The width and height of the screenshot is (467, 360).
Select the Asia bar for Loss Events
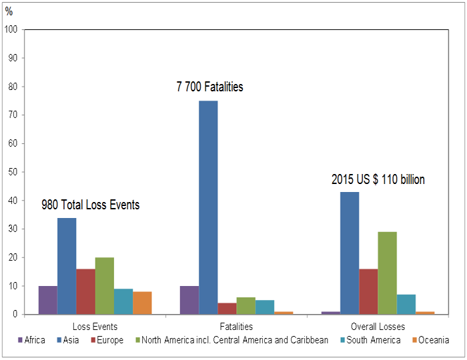(x=67, y=266)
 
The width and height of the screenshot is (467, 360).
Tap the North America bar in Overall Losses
(x=387, y=273)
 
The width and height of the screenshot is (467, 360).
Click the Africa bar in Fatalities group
(x=189, y=300)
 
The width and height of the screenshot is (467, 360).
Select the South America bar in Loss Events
(x=123, y=301)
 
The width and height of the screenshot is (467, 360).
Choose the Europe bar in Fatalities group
(x=227, y=309)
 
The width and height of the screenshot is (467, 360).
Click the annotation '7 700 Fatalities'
(x=210, y=87)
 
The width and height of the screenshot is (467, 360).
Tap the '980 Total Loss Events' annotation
(x=91, y=205)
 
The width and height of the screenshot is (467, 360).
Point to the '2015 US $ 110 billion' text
(x=378, y=179)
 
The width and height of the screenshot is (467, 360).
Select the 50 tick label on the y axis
(x=13, y=172)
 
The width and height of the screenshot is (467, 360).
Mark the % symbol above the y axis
(x=9, y=11)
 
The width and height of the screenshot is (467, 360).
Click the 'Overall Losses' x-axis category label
(x=378, y=327)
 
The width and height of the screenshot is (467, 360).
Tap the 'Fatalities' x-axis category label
(x=236, y=327)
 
